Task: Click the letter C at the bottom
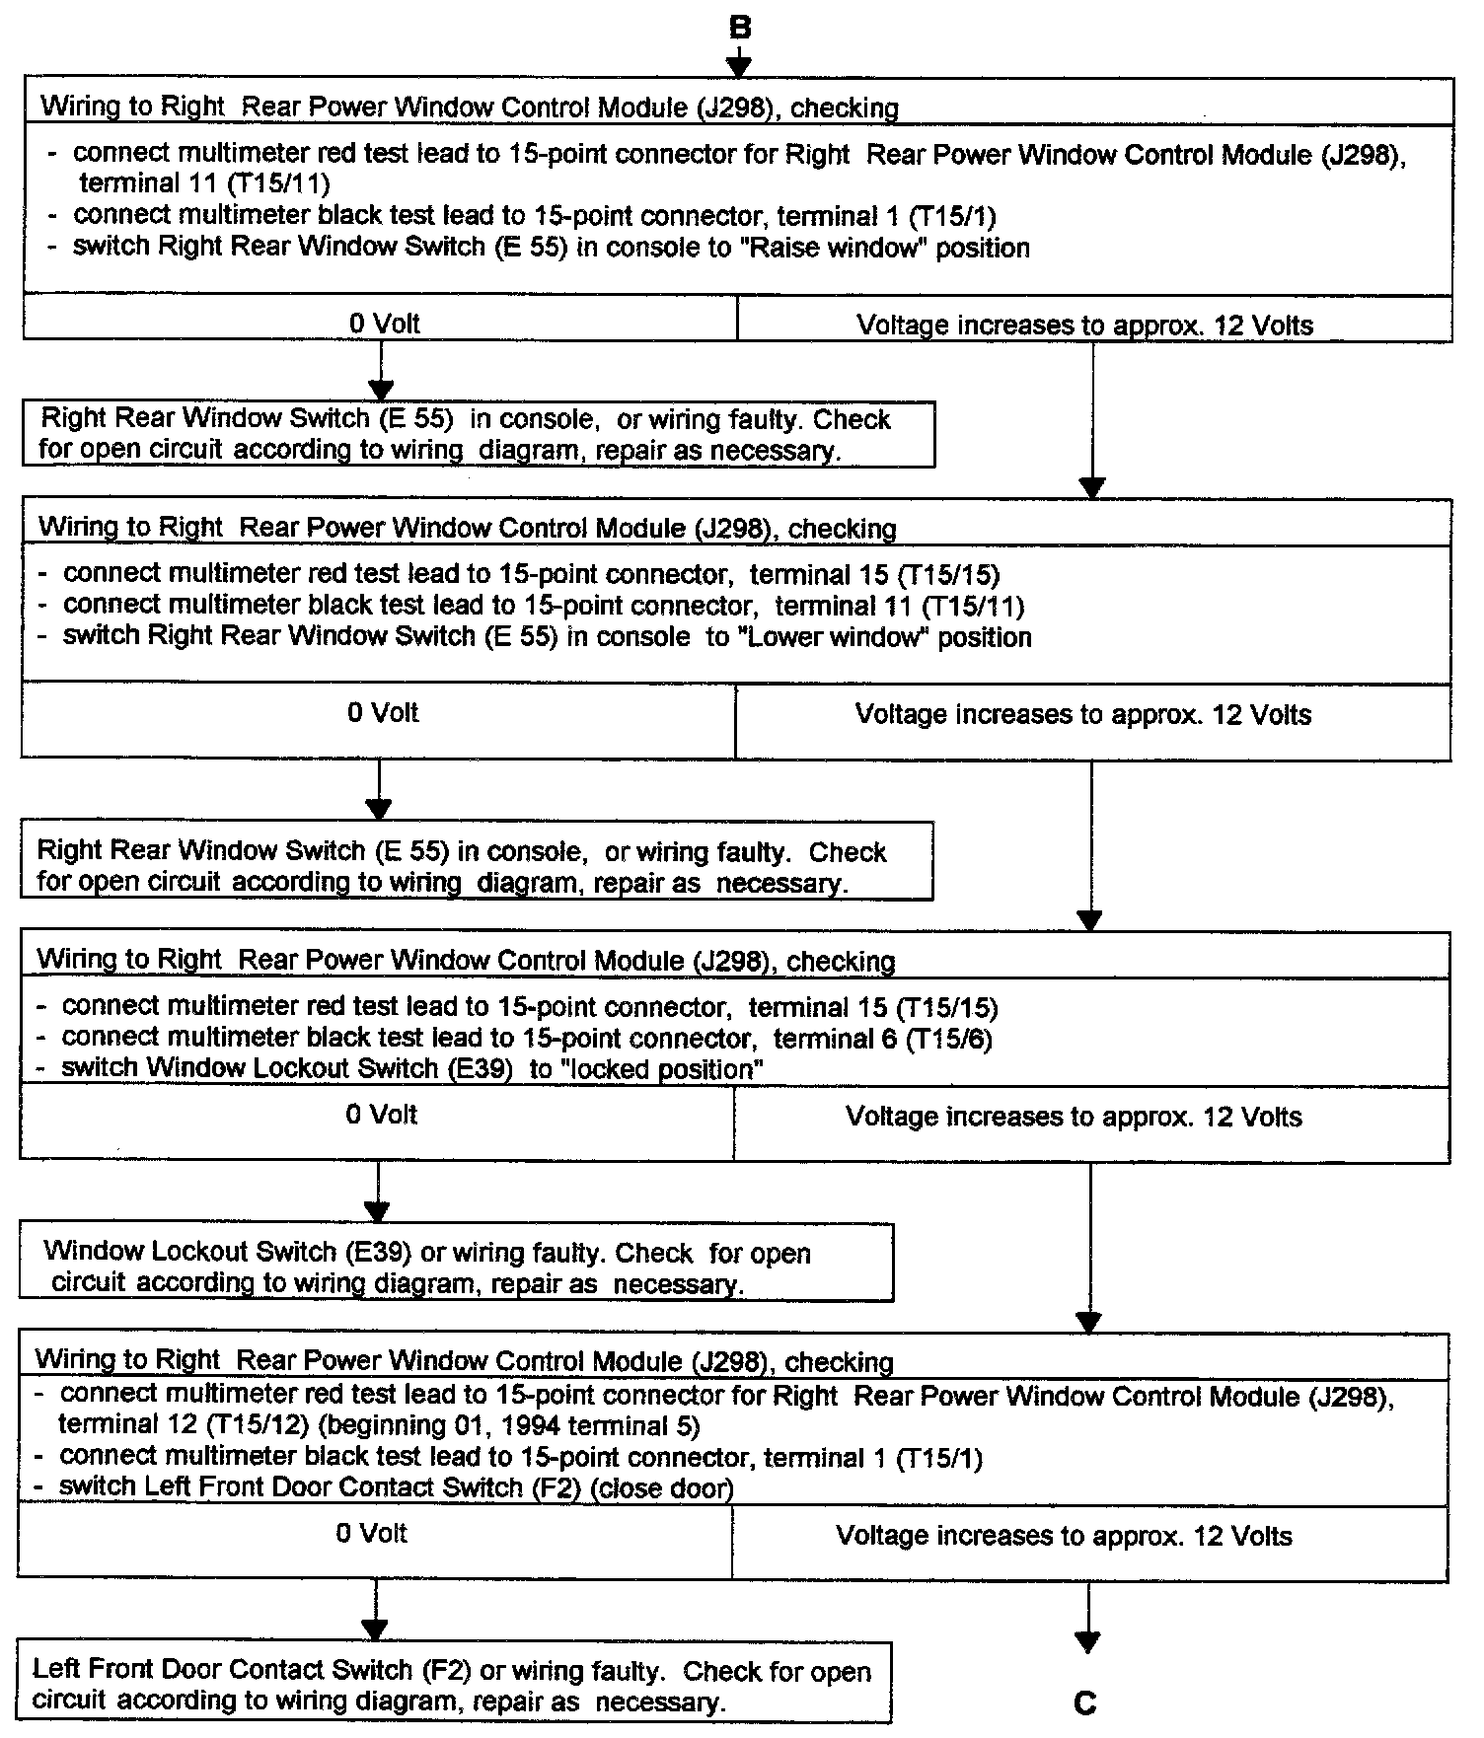click(x=1085, y=1703)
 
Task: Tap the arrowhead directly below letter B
click(x=739, y=66)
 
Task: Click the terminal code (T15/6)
click(x=948, y=1039)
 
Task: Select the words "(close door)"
click(x=661, y=1487)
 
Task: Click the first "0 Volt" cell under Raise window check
click(x=385, y=324)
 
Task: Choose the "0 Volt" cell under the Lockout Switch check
click(x=382, y=1115)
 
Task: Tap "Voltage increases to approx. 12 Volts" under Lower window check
click(x=1083, y=715)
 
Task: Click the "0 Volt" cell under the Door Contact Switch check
click(x=372, y=1534)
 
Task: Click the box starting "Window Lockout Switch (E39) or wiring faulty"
click(x=456, y=1267)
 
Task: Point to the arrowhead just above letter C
click(x=1086, y=1642)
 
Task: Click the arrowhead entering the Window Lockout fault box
click(x=378, y=1211)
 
